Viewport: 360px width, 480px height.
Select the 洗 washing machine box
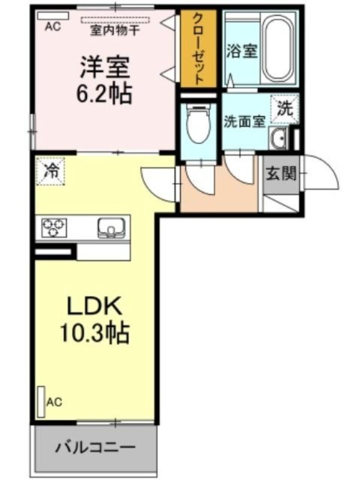284,109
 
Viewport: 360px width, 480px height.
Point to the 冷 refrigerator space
51,171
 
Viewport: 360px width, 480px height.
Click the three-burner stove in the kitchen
54,227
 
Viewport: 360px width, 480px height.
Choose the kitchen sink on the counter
111,228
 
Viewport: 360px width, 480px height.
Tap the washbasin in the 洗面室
278,139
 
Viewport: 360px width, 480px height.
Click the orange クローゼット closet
198,49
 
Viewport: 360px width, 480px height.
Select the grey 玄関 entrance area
281,175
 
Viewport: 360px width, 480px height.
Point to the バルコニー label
95,448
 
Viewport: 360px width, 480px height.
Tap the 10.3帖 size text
94,333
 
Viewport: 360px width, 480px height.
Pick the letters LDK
95,306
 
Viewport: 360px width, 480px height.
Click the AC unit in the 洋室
53,16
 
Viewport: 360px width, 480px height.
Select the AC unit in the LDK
41,402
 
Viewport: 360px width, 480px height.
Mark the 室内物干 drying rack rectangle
116,20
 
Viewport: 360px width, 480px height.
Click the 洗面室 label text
244,122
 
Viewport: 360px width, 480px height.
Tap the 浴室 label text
242,51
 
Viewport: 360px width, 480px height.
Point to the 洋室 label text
105,67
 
